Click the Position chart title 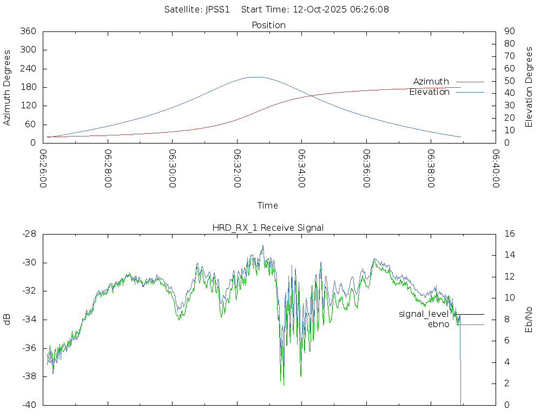268,25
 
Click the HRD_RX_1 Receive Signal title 268,227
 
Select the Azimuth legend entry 431,81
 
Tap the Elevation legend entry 429,92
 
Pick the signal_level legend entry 424,314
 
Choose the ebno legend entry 438,324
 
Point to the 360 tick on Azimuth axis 28,31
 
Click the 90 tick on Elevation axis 509,31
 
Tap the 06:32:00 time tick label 238,168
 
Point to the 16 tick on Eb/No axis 509,234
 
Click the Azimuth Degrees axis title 8,87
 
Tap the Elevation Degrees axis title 529,87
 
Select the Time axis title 268,205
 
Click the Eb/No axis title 529,319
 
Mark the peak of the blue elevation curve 257,77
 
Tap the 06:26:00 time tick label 43,168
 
